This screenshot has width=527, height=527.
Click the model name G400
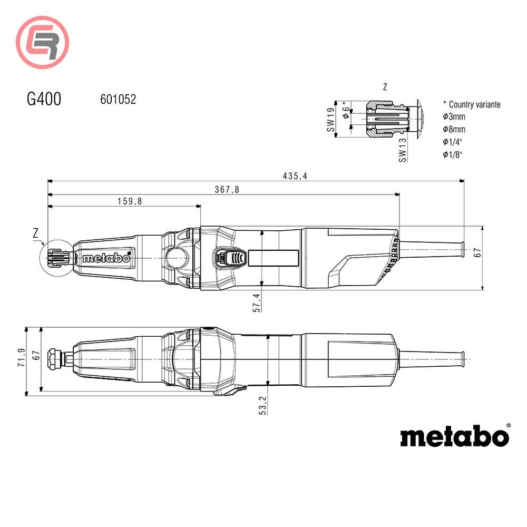coord(44,99)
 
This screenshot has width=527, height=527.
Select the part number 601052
coord(118,99)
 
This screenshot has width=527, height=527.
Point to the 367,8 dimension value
coord(227,190)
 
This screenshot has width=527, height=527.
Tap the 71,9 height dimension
coord(21,358)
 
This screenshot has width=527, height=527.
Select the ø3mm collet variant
coord(454,116)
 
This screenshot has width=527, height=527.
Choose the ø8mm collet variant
coord(454,129)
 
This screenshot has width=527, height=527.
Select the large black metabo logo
coord(454,436)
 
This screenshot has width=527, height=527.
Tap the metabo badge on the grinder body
coord(106,258)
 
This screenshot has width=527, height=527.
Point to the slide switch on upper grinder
coord(230,258)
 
